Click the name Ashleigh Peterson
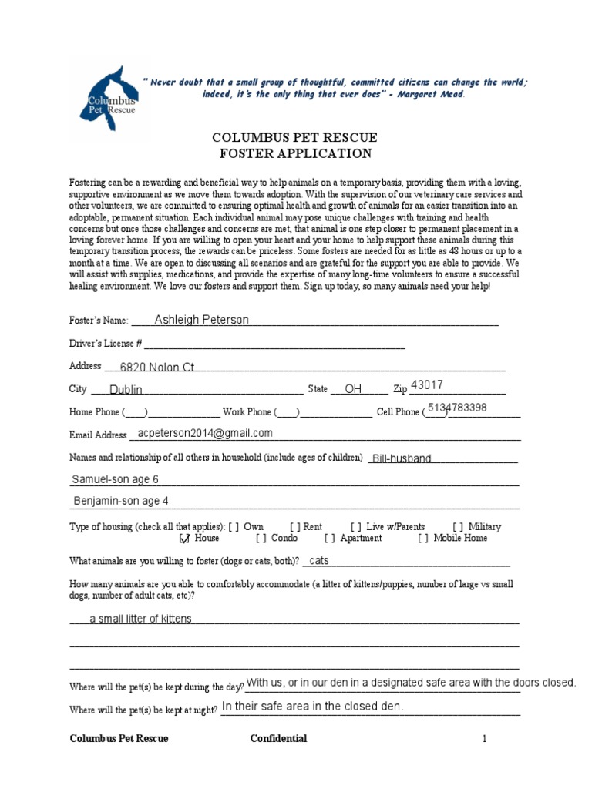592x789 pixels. click(202, 320)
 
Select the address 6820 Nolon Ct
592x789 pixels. click(157, 368)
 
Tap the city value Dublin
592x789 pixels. click(126, 390)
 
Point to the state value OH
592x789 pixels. click(353, 389)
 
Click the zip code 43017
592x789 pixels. click(427, 385)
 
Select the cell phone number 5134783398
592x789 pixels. click(457, 408)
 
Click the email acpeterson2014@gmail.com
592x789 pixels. click(205, 433)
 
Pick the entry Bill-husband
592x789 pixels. click(402, 458)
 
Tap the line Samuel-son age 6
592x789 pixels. click(116, 479)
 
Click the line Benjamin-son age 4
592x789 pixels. click(121, 501)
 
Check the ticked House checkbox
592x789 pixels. click(184, 539)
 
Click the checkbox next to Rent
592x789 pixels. click(295, 527)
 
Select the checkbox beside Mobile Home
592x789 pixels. click(423, 539)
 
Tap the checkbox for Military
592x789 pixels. click(459, 527)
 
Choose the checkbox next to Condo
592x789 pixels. click(261, 539)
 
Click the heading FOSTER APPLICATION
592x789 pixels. click(295, 153)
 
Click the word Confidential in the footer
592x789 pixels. click(278, 738)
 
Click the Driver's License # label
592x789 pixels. click(106, 343)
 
